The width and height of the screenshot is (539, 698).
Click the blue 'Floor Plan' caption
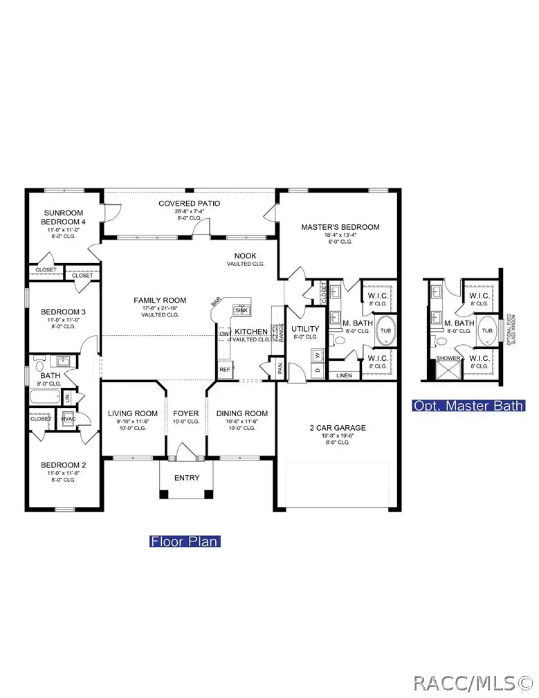[185, 541]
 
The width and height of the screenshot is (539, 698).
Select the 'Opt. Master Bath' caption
[468, 406]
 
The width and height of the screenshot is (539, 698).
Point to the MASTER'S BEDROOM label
[340, 227]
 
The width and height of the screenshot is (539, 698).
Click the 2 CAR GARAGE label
[338, 428]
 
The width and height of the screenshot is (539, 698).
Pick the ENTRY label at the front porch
[186, 478]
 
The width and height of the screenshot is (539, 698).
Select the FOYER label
[185, 413]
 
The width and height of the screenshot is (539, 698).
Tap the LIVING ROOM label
[133, 413]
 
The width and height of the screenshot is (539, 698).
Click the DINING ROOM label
[241, 413]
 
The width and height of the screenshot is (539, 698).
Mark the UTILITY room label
[304, 329]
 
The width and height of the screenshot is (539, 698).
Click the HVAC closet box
[68, 419]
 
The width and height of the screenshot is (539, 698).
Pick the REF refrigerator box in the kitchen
[224, 370]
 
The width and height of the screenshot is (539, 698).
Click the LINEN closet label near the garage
[344, 375]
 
